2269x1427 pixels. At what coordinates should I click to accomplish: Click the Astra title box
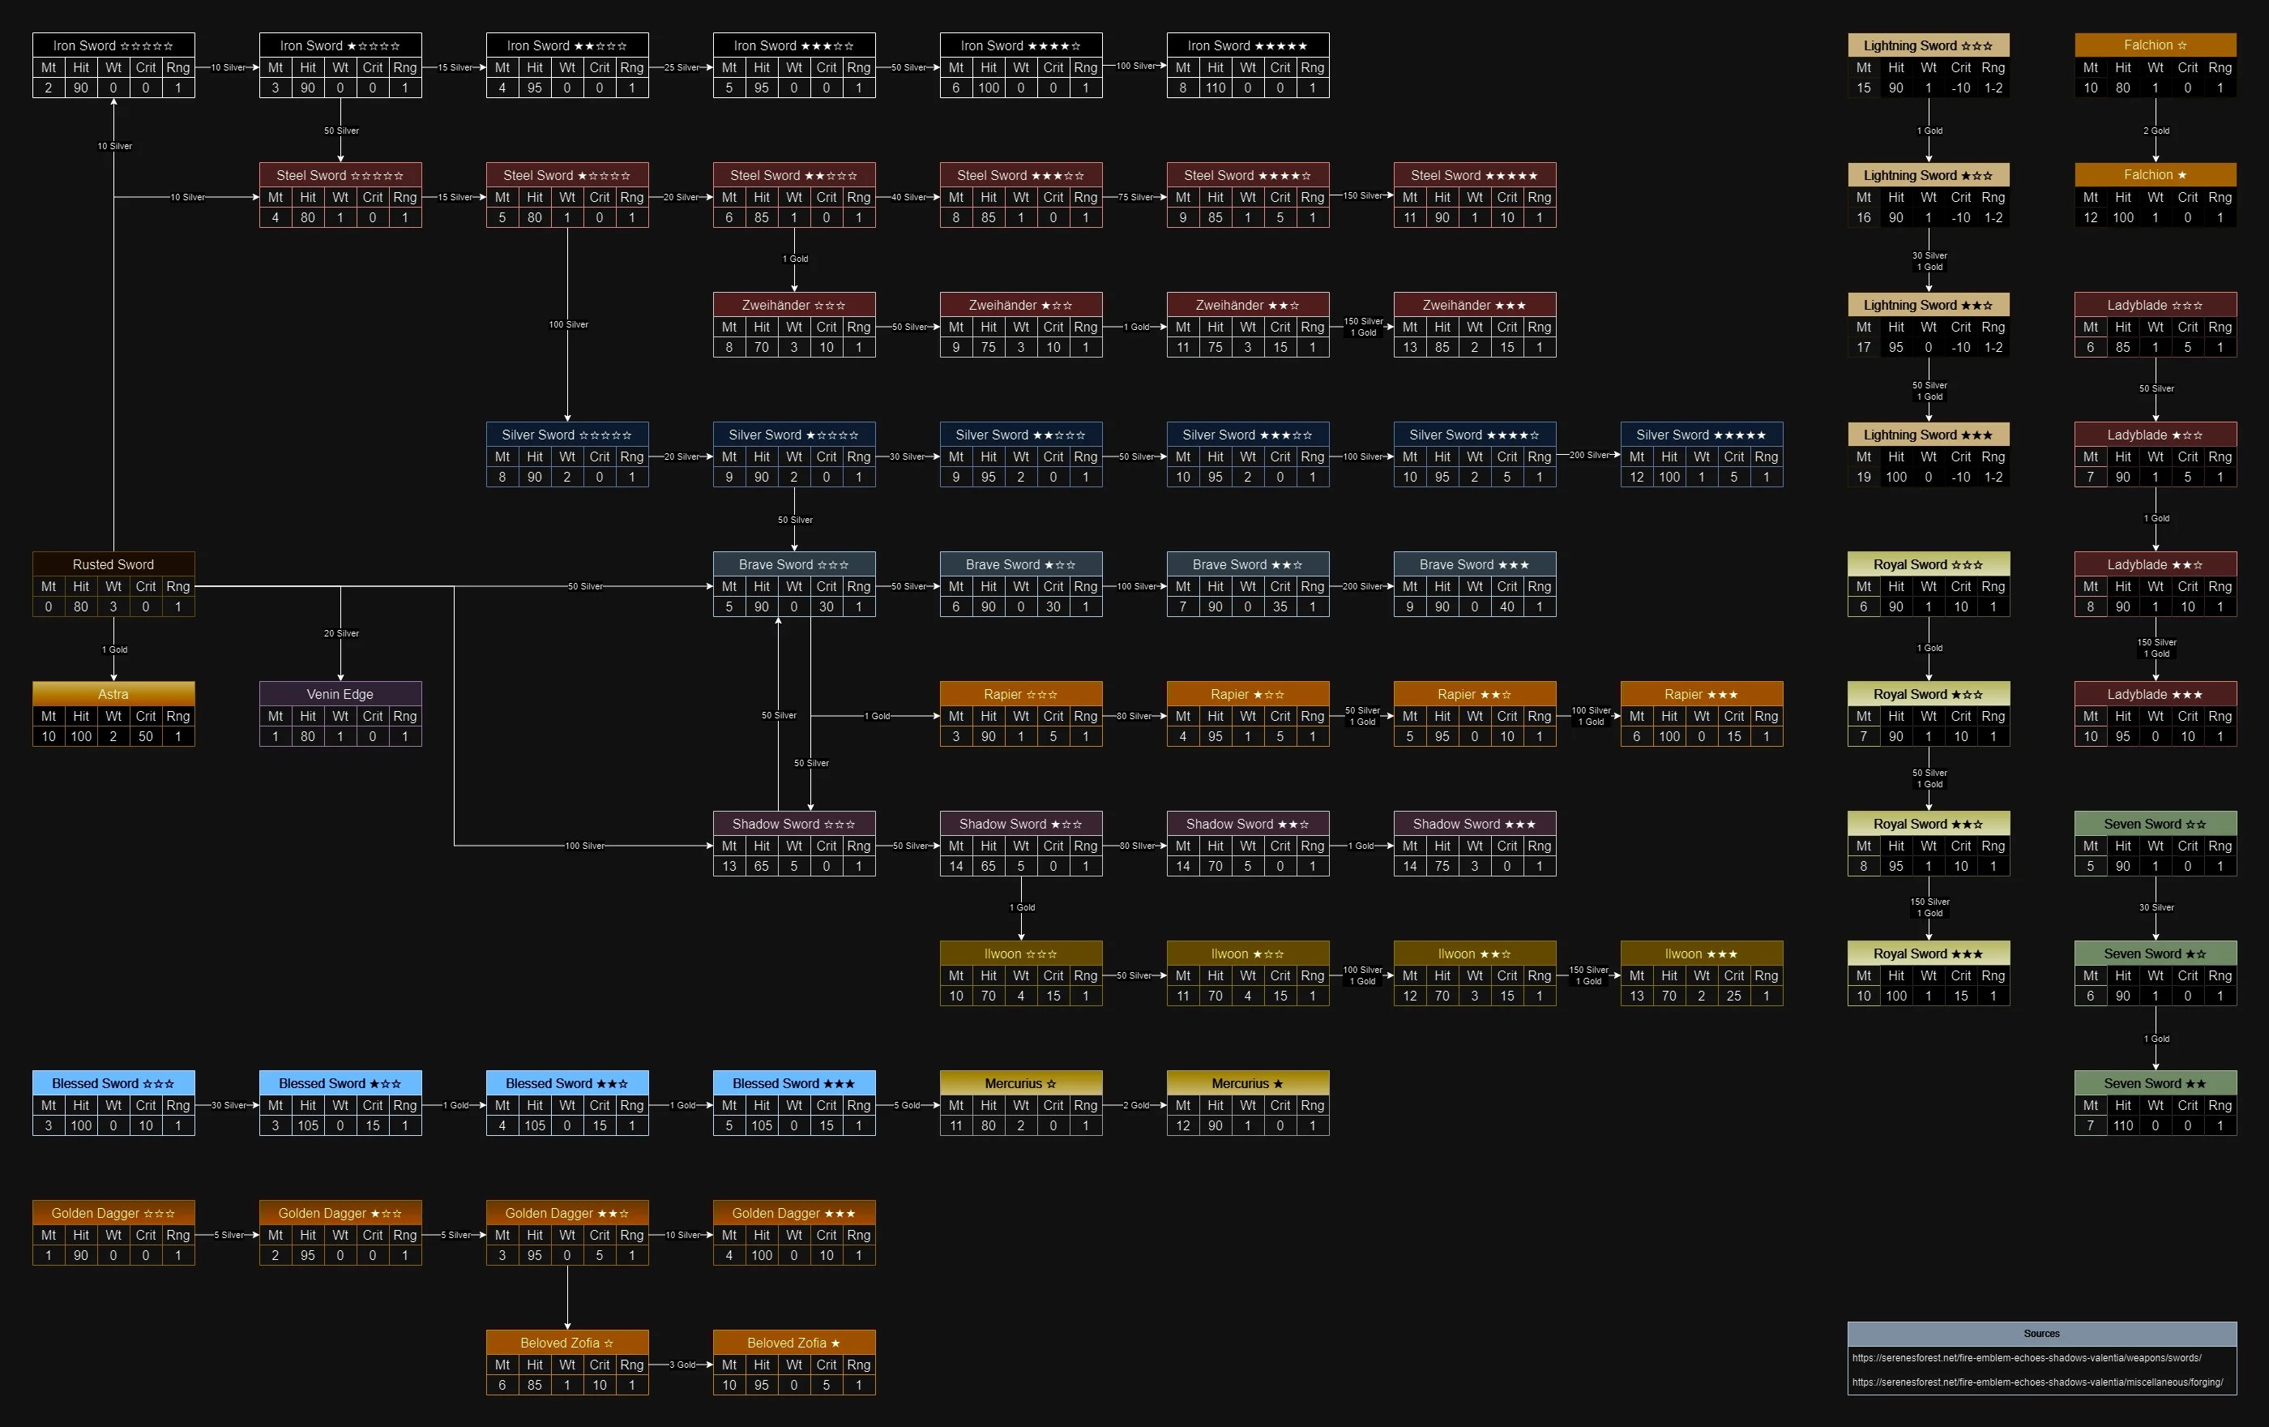tap(113, 694)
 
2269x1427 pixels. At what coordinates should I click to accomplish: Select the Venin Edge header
tap(340, 694)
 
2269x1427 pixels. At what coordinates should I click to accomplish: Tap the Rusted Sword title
tap(113, 564)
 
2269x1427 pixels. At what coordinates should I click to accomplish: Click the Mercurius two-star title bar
tap(1248, 1083)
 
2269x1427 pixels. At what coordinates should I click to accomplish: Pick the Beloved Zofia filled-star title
tap(794, 1342)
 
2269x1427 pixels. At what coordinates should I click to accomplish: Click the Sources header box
tap(2042, 1334)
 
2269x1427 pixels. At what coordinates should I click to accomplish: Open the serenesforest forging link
tap(2037, 1382)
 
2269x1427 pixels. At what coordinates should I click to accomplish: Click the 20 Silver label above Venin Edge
tap(341, 633)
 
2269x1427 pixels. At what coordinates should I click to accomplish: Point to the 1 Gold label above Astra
tap(114, 649)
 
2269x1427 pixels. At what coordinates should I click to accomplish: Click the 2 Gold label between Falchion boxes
tap(2156, 131)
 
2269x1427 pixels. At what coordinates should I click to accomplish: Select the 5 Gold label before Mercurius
tap(908, 1106)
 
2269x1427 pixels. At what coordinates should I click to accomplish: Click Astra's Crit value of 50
tap(146, 736)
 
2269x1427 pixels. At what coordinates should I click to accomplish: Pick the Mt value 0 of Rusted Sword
tap(49, 607)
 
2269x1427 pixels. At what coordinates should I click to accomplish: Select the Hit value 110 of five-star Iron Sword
tap(1216, 88)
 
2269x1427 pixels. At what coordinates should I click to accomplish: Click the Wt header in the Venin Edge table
tap(340, 716)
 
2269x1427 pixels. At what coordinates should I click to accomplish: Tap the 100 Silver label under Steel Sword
tap(568, 324)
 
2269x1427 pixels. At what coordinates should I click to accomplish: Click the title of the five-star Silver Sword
tap(1702, 435)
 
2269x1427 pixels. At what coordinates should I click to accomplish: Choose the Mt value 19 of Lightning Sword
tap(1864, 477)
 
